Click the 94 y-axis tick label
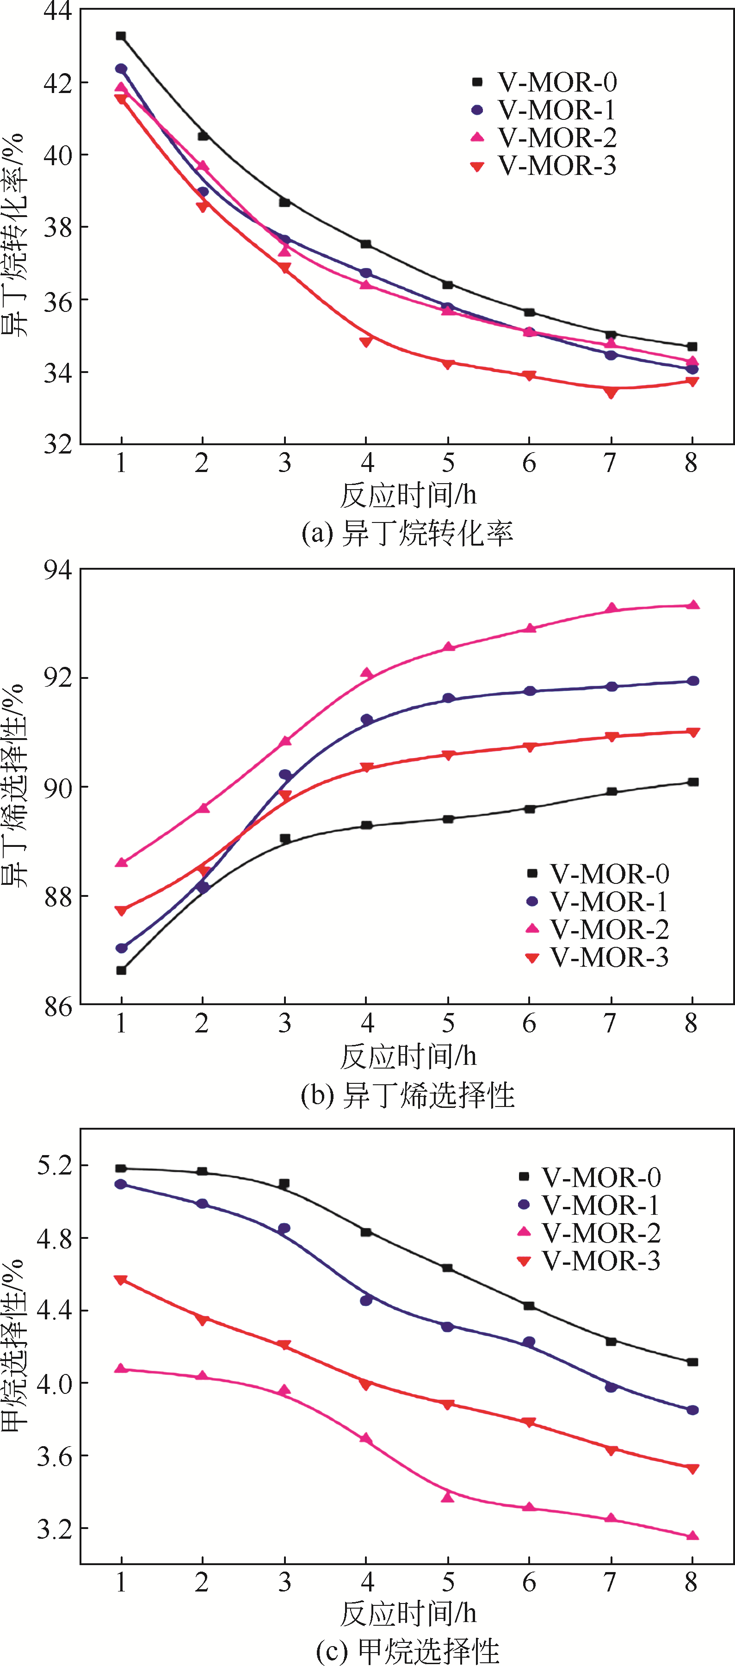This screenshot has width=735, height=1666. click(x=57, y=569)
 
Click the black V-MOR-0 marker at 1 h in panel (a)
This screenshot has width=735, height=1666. click(x=121, y=36)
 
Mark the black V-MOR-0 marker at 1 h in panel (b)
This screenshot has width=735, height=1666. click(x=121, y=970)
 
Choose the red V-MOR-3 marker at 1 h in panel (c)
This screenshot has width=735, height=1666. click(x=121, y=1281)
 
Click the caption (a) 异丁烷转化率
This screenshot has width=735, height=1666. click(x=407, y=533)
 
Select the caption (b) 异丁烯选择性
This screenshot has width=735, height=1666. click(x=407, y=1095)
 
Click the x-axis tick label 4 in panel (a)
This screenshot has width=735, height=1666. click(x=366, y=463)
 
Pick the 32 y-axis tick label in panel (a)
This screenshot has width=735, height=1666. click(x=57, y=444)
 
